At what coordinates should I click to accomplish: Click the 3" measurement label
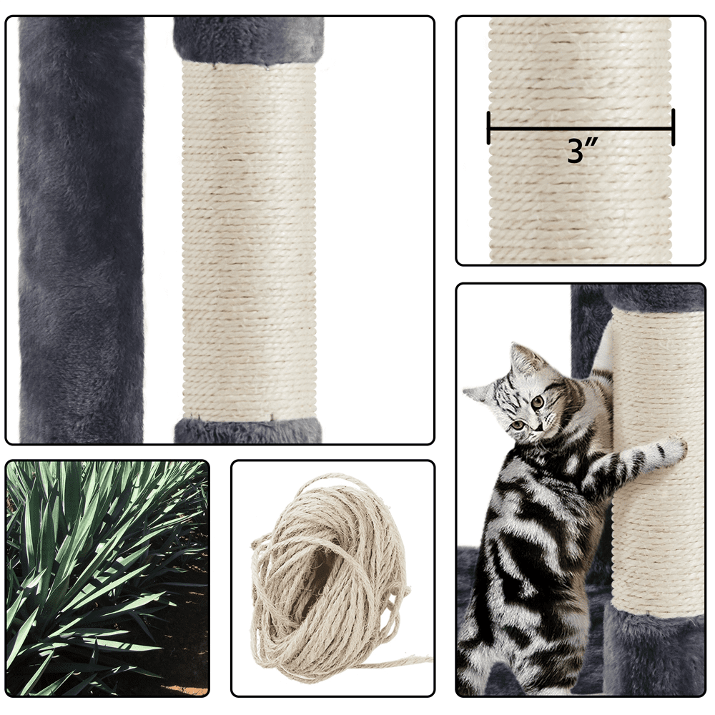(582, 150)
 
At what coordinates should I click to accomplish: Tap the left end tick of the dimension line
(489, 128)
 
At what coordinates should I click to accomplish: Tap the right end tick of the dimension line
(673, 128)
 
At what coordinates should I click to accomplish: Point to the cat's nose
(538, 428)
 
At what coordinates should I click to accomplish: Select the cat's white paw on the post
(672, 450)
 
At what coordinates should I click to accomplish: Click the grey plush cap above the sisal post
(249, 40)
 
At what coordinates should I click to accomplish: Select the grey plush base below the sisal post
(248, 430)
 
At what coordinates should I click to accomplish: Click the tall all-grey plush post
(82, 230)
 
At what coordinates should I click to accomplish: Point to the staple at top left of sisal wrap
(214, 65)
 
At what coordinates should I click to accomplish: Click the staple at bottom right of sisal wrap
(272, 417)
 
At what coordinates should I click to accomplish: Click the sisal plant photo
(108, 578)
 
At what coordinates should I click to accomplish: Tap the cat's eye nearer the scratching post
(538, 402)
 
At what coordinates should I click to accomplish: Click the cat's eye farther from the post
(518, 425)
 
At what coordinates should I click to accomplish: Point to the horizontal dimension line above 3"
(581, 128)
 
